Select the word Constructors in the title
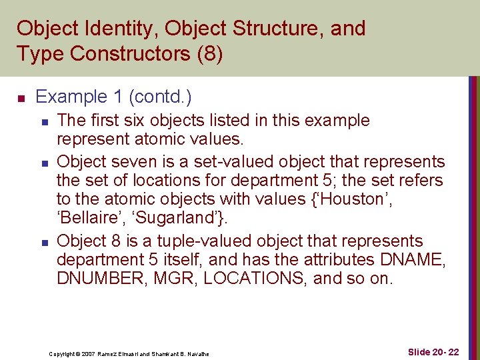coord(128,53)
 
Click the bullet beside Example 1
coord(21,99)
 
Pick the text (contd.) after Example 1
coord(162,97)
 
